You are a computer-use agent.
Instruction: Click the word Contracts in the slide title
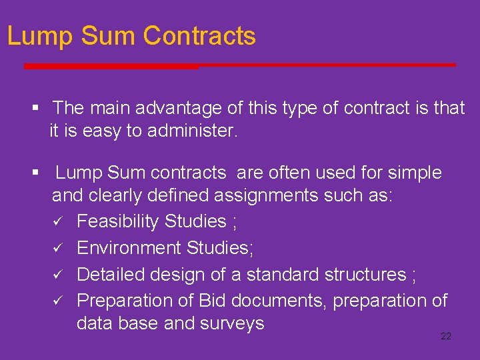pyautogui.click(x=199, y=35)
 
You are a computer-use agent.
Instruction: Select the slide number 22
pyautogui.click(x=446, y=336)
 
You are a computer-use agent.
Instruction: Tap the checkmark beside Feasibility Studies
pyautogui.click(x=58, y=221)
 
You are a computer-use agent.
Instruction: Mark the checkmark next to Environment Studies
pyautogui.click(x=58, y=248)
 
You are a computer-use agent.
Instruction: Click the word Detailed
pyautogui.click(x=109, y=275)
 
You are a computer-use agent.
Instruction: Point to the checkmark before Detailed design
pyautogui.click(x=58, y=275)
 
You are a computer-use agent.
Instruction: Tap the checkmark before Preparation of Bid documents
pyautogui.click(x=58, y=301)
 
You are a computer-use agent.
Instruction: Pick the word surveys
pyautogui.click(x=233, y=324)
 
